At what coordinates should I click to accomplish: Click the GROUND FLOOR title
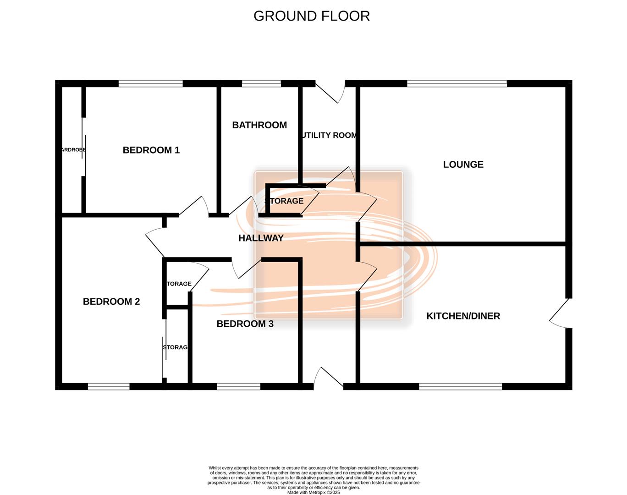(312, 16)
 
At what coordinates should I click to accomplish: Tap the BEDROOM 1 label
(151, 150)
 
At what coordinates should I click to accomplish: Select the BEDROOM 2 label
(111, 302)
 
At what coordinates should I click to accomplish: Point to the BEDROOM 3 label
(245, 324)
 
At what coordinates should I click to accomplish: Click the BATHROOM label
(259, 125)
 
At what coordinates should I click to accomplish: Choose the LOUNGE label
(463, 165)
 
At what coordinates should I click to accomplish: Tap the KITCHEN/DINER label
(463, 316)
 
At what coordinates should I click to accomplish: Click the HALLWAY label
(261, 238)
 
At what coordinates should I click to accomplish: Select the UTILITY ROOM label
(329, 135)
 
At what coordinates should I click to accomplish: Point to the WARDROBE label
(73, 150)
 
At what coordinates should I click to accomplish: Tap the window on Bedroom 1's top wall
(150, 84)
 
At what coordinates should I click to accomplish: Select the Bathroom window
(261, 84)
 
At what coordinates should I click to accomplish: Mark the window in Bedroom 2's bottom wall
(109, 387)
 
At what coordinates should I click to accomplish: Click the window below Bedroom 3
(238, 387)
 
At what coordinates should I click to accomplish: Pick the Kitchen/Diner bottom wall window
(461, 387)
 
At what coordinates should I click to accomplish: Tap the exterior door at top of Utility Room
(330, 92)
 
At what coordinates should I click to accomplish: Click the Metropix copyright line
(313, 493)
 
